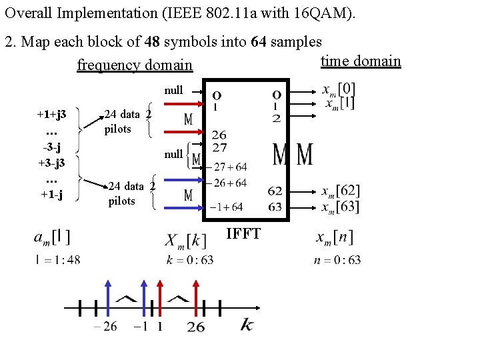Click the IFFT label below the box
pyautogui.click(x=243, y=233)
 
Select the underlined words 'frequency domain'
pyautogui.click(x=135, y=65)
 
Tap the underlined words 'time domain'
pyautogui.click(x=361, y=61)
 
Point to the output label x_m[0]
pyautogui.click(x=339, y=89)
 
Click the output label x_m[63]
pyautogui.click(x=339, y=206)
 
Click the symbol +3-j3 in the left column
pyautogui.click(x=51, y=163)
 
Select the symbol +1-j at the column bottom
pyautogui.click(x=51, y=195)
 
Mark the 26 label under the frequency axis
pyautogui.click(x=196, y=327)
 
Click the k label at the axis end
pyautogui.click(x=246, y=325)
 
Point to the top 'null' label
pyautogui.click(x=173, y=90)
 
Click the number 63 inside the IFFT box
pyautogui.click(x=275, y=207)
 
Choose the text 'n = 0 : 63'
pyautogui.click(x=337, y=259)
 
